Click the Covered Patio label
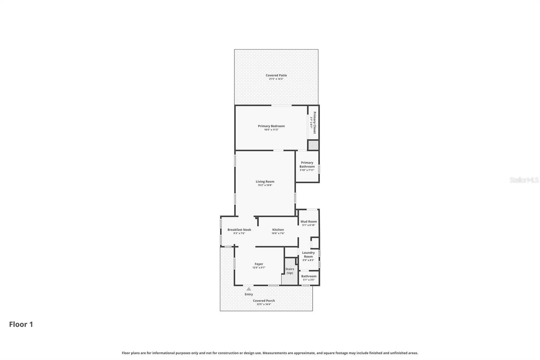[x=276, y=75]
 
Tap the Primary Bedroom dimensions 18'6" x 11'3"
[x=271, y=130]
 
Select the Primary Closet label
[x=314, y=122]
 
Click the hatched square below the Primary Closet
[x=313, y=145]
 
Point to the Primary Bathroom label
[x=307, y=164]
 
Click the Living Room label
[x=265, y=181]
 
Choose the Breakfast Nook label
[x=239, y=230]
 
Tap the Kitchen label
[x=278, y=230]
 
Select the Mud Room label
[x=308, y=222]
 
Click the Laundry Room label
[x=308, y=254]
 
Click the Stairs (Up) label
[x=290, y=271]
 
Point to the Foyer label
[x=259, y=264]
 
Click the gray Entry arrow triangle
[x=249, y=289]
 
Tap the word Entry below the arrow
[x=249, y=294]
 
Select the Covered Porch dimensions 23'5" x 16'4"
[x=264, y=304]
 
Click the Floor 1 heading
[x=21, y=324]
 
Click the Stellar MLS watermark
[x=524, y=180]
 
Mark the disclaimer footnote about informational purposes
[x=270, y=353]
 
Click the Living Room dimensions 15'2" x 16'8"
[x=265, y=185]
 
